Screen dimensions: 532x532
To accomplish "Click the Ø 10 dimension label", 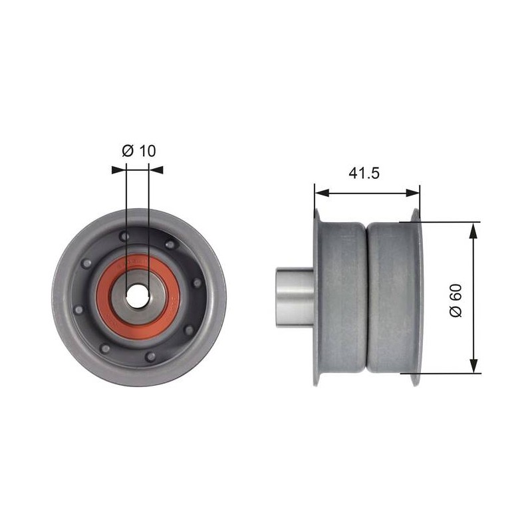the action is pos(139,151).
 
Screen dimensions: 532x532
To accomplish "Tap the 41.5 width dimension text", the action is pos(364,173).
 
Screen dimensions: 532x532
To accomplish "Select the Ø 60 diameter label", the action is pos(456,301).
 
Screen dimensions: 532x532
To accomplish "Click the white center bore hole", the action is pos(138,295).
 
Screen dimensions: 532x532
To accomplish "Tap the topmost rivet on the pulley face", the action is pos(124,236).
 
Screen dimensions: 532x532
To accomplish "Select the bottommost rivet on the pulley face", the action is pos(150,356).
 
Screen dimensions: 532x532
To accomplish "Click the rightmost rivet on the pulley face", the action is pos(196,283).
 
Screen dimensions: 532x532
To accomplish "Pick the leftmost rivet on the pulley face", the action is pos(78,309).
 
